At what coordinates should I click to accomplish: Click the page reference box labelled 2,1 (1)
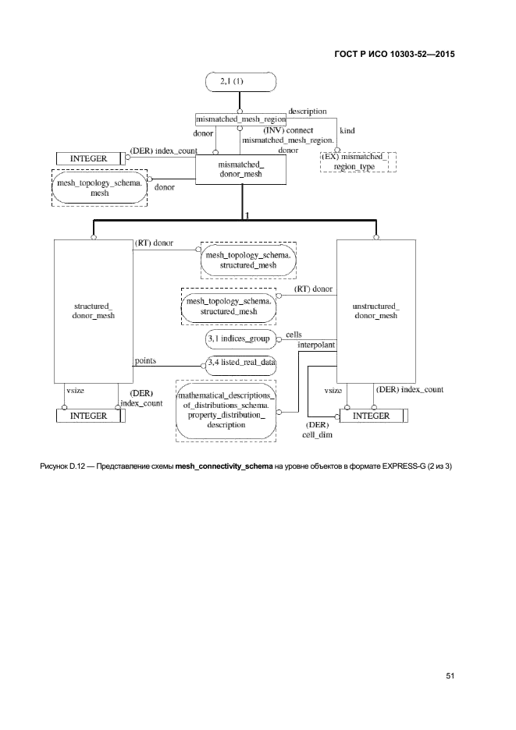tap(240, 80)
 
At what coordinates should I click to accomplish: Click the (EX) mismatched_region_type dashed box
tap(358, 161)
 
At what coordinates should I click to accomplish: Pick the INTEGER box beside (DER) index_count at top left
tap(88, 158)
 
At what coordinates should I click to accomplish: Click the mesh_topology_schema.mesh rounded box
tap(99, 187)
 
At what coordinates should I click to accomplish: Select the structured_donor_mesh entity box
tap(93, 310)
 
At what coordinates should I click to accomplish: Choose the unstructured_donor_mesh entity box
tap(375, 310)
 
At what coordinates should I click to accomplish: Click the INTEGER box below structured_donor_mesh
tap(88, 416)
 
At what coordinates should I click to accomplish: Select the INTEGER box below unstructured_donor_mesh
tap(372, 416)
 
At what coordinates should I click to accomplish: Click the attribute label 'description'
tap(307, 112)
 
